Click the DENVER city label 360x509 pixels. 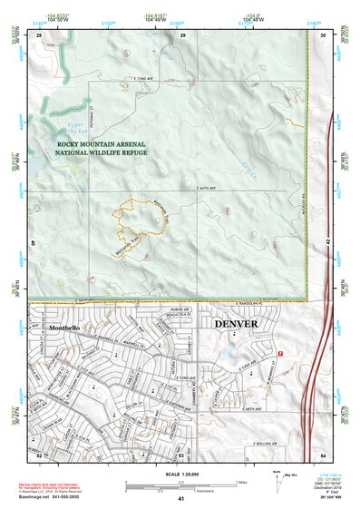pos(235,323)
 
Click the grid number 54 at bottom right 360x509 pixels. pos(323,454)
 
